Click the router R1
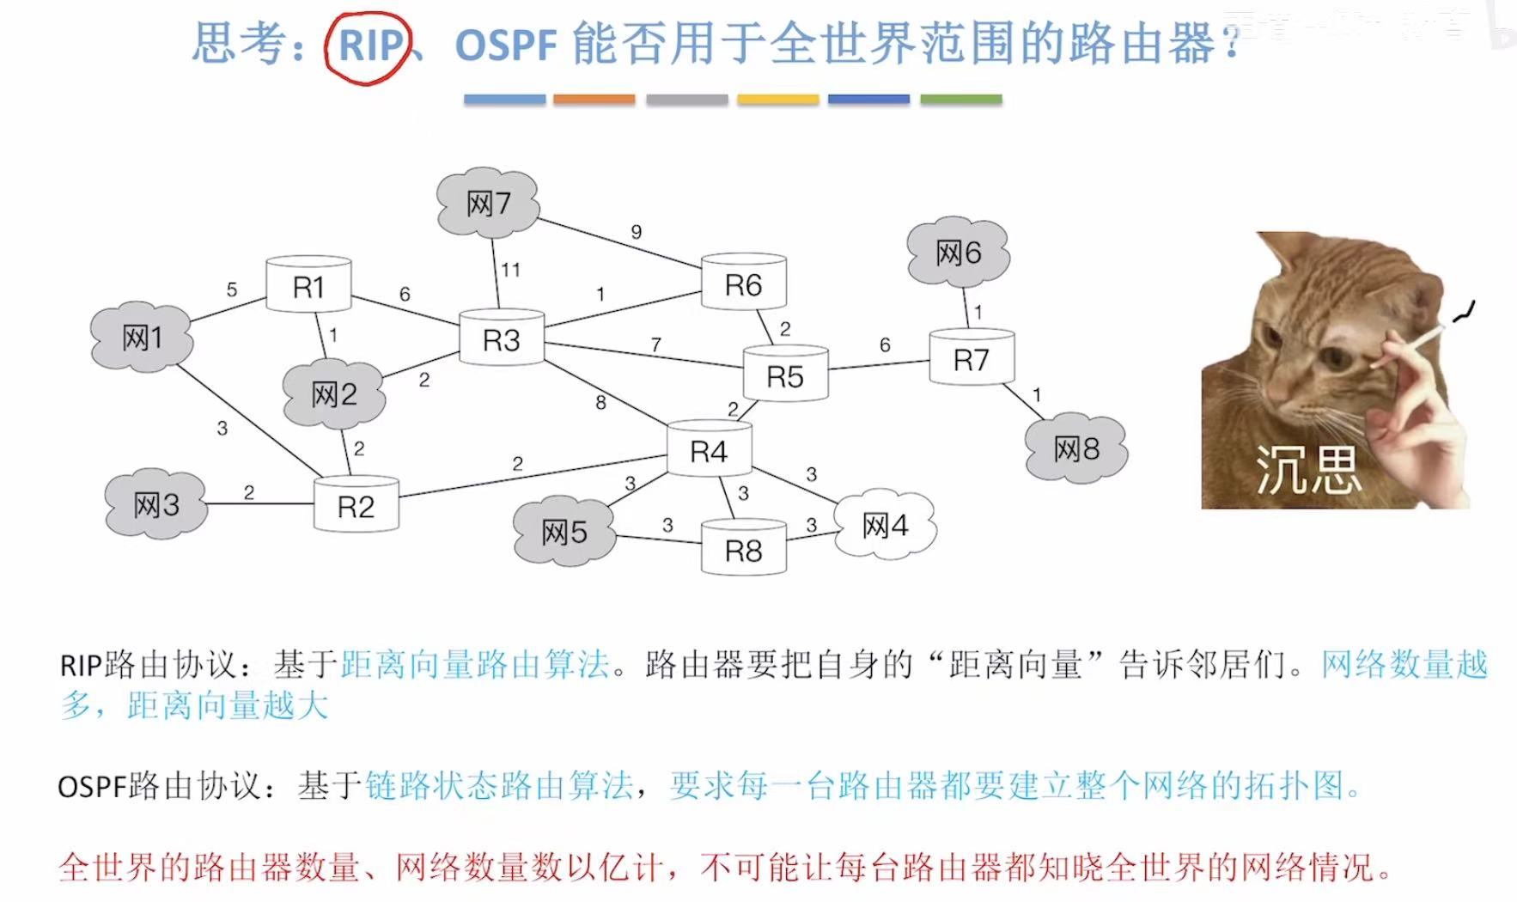point(308,285)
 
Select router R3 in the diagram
point(502,339)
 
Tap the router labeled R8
point(744,550)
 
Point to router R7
point(972,359)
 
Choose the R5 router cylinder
point(785,375)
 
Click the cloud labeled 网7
point(488,204)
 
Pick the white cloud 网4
point(885,525)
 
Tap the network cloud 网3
point(156,504)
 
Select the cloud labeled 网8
point(1076,448)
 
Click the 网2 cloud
point(334,394)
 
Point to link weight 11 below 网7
point(511,270)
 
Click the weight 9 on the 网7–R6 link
point(637,232)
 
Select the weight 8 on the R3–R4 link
point(600,402)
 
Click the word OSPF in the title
point(507,45)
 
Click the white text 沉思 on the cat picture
point(1307,470)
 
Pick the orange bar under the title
point(594,100)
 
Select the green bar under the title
point(960,100)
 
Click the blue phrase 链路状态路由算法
point(499,785)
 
